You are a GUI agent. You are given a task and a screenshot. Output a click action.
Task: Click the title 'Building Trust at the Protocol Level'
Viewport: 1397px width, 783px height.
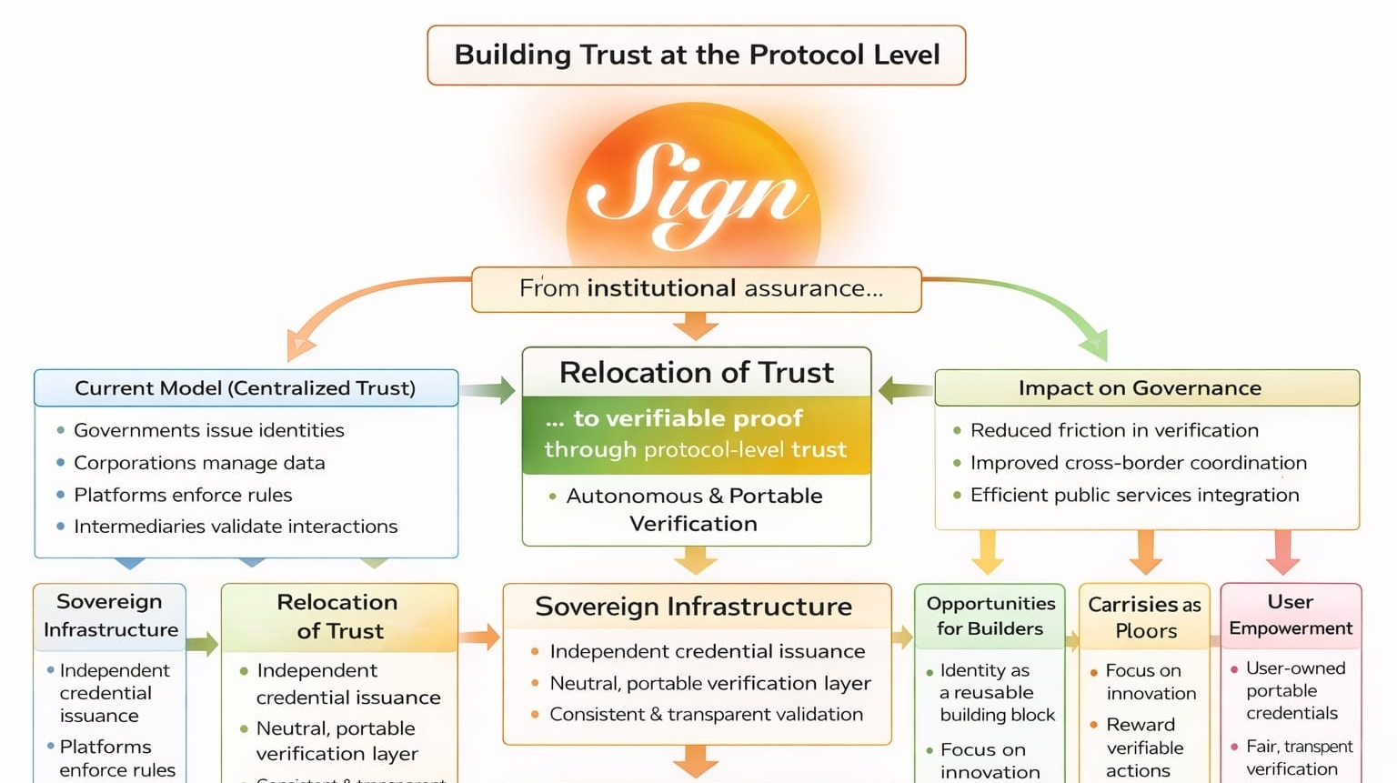697,55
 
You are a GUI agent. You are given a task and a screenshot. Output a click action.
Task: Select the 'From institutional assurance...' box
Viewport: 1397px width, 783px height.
697,289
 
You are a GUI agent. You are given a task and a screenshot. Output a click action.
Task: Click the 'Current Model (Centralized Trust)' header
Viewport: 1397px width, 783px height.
246,388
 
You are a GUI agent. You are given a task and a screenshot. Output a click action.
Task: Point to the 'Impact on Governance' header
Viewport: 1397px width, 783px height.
1140,388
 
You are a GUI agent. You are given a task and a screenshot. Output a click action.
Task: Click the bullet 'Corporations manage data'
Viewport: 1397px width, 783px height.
199,463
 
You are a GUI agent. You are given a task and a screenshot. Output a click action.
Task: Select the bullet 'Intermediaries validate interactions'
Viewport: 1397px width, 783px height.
236,527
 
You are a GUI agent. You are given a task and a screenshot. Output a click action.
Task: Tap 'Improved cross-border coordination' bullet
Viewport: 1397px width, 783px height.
1138,463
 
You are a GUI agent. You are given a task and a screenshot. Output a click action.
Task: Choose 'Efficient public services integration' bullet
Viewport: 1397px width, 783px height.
1134,495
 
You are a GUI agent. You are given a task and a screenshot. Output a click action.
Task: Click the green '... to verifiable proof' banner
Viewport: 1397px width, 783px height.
696,434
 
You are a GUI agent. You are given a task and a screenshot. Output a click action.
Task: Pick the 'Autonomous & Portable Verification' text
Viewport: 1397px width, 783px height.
694,509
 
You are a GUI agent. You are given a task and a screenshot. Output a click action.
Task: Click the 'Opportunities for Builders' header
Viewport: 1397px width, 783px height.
990,616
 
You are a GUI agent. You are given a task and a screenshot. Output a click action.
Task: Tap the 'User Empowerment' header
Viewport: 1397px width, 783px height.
1291,615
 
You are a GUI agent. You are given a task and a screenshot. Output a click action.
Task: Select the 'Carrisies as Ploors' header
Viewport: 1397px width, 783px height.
1145,617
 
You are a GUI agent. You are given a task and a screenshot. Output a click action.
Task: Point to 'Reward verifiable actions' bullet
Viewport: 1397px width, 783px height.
1144,748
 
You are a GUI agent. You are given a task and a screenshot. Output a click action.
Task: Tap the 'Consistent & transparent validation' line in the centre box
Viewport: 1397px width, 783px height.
706,715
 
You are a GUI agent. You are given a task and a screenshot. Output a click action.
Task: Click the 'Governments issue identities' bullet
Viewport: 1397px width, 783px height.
208,430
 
